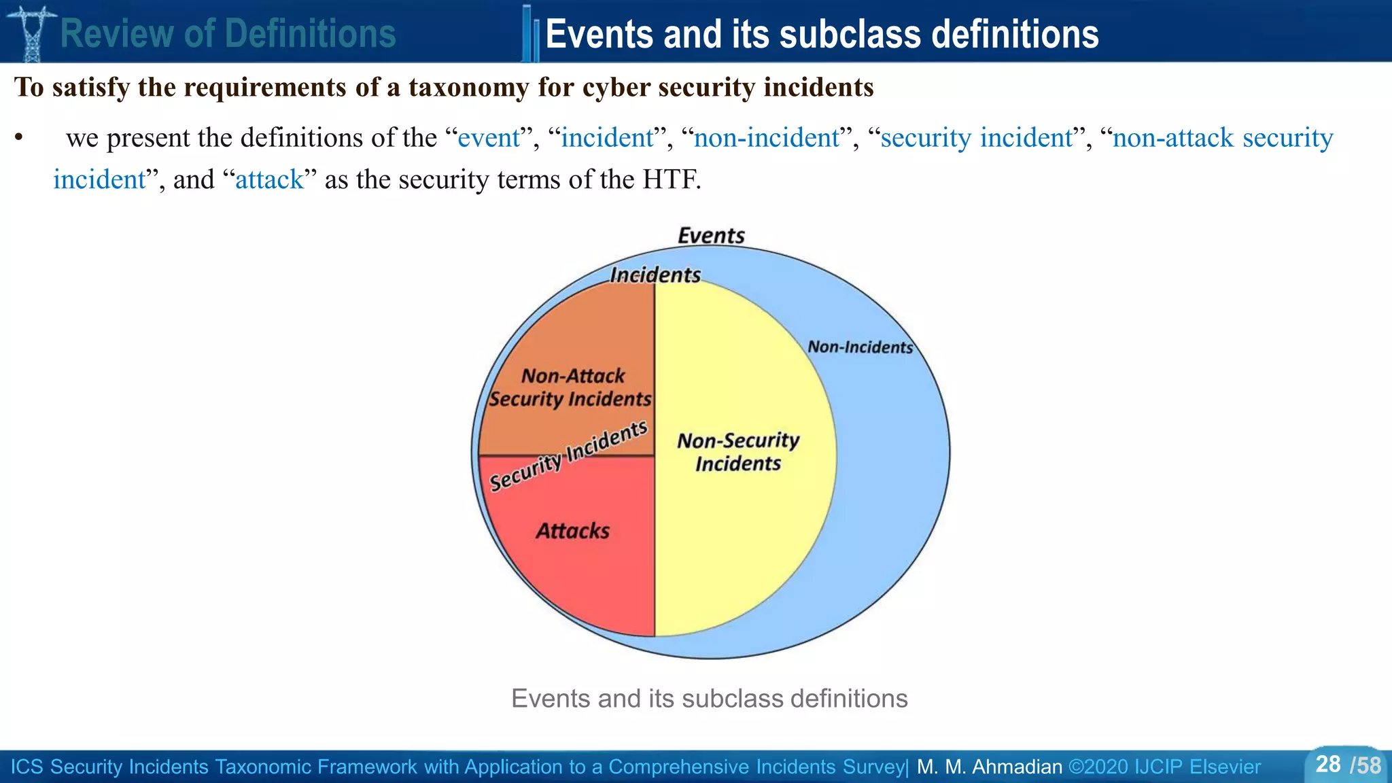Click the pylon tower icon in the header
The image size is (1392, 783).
click(x=31, y=32)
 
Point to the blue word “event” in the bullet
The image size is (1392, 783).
click(x=489, y=138)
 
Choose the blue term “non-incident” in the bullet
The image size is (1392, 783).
click(x=767, y=138)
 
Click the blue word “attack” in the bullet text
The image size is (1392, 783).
click(x=269, y=180)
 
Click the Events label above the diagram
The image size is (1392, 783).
click(x=711, y=236)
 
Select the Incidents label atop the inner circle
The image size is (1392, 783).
click(x=655, y=275)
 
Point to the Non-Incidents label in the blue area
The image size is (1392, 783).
click(x=860, y=347)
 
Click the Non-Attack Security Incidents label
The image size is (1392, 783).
click(x=571, y=387)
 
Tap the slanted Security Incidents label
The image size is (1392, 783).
click(x=568, y=455)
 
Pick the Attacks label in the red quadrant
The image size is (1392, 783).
click(x=572, y=531)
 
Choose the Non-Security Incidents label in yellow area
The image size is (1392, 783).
click(x=738, y=452)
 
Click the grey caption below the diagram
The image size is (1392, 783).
click(x=709, y=699)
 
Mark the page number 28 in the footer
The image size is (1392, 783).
click(x=1328, y=765)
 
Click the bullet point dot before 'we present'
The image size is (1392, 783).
click(x=19, y=138)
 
